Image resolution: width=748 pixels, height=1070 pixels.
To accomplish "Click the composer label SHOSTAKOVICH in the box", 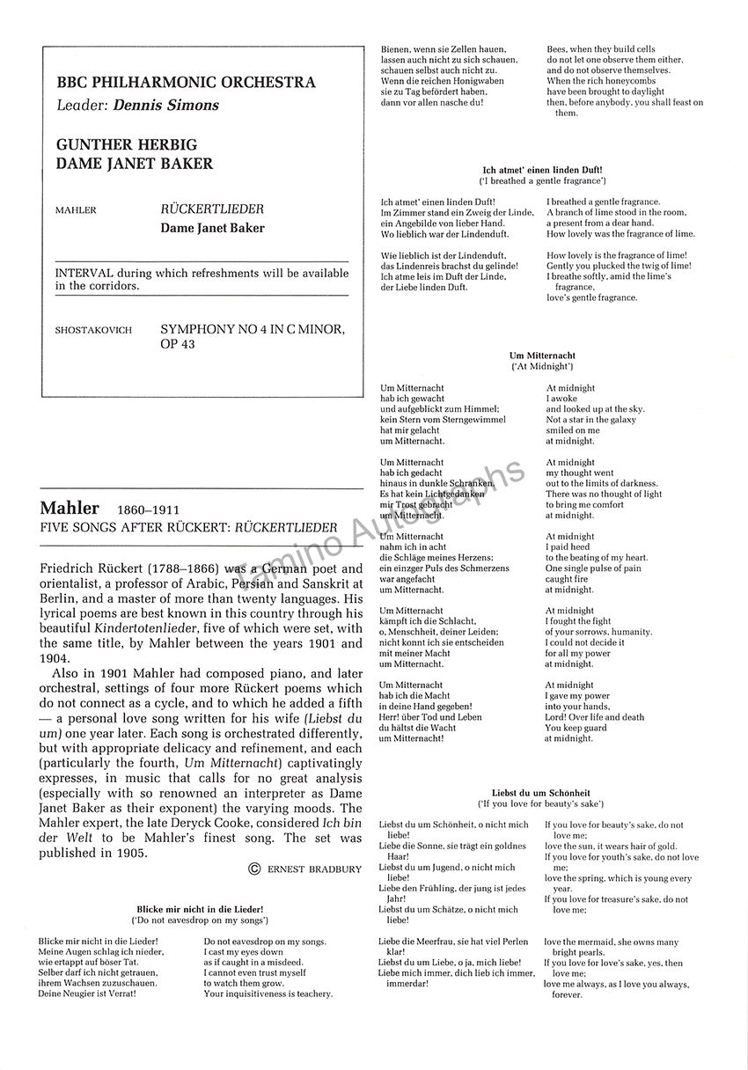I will (93, 330).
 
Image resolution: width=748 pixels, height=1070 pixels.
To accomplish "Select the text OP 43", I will (177, 344).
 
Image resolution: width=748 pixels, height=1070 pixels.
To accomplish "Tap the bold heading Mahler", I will (70, 509).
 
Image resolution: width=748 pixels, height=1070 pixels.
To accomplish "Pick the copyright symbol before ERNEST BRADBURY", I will (255, 869).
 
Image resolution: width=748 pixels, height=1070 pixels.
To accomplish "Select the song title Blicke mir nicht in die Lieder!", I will (200, 908).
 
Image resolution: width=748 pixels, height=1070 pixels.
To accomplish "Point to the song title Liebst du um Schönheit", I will (542, 793).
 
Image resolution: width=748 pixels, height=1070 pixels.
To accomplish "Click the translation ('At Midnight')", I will (542, 366).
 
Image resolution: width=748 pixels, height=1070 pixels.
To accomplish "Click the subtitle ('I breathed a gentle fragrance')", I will (542, 180).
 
